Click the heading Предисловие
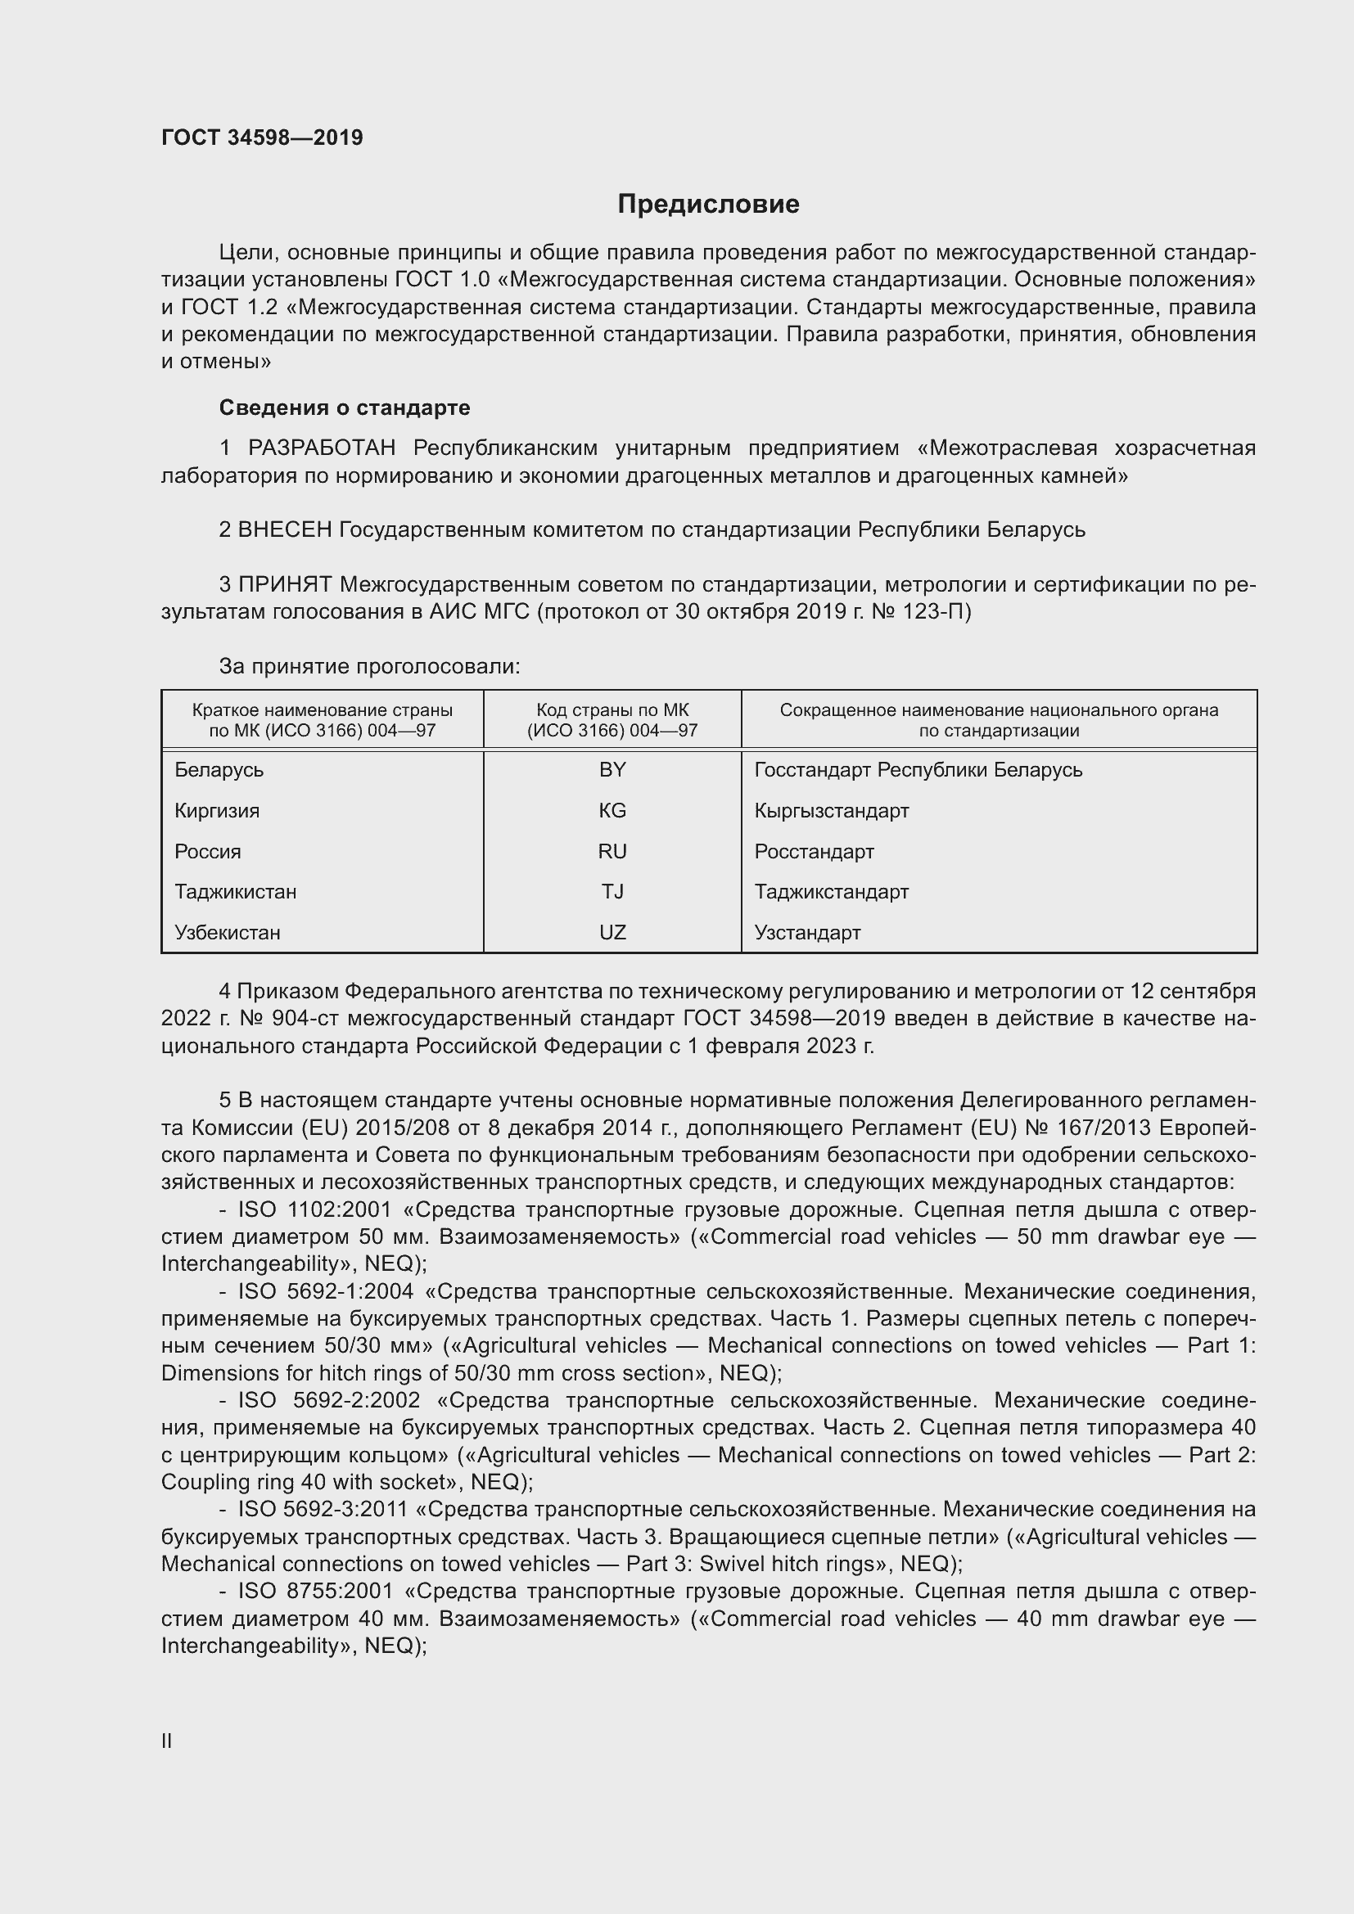pos(708,205)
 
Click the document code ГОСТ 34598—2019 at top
pos(262,137)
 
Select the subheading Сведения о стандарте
pos(345,408)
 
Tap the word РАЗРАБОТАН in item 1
pos(321,448)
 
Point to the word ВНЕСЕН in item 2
pos(285,530)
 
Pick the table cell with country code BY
pos(612,770)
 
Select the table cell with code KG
pos(612,811)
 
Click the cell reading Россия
pos(208,852)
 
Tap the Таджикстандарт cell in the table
pos(831,892)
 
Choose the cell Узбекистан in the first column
pos(227,933)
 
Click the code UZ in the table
pos(612,933)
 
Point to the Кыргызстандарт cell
pos(831,811)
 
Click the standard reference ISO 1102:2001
pos(315,1209)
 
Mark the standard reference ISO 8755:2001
pos(315,1592)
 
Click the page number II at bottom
pos(167,1741)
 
